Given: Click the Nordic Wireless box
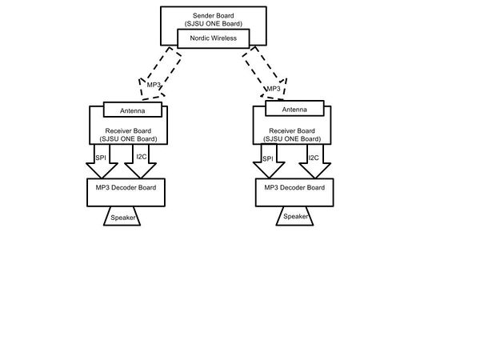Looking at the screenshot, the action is point(214,38).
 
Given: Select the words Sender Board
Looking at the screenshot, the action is point(214,16).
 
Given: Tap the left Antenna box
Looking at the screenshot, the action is point(133,110).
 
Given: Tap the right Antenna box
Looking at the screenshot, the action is point(294,108).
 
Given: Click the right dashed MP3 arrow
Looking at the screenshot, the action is point(266,74).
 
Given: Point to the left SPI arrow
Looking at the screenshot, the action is point(102,162).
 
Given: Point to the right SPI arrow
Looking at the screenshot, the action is point(269,162).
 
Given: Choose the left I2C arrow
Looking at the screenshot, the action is point(141,162).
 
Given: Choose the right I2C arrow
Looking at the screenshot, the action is point(314,162).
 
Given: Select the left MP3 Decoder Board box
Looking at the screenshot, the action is point(126,193).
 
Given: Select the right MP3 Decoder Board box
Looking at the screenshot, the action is point(294,193).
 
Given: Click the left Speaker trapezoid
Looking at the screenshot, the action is point(122,216).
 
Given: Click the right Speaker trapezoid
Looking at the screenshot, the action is point(294,216).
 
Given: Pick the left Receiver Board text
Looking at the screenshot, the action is point(128,131).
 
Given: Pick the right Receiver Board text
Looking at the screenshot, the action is point(292,131).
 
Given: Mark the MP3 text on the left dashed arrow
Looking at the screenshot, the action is point(154,85).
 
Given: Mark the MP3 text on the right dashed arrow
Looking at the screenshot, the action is point(274,89).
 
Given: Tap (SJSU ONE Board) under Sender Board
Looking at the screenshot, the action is point(214,23).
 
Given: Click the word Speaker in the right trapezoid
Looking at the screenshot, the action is point(296,217).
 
